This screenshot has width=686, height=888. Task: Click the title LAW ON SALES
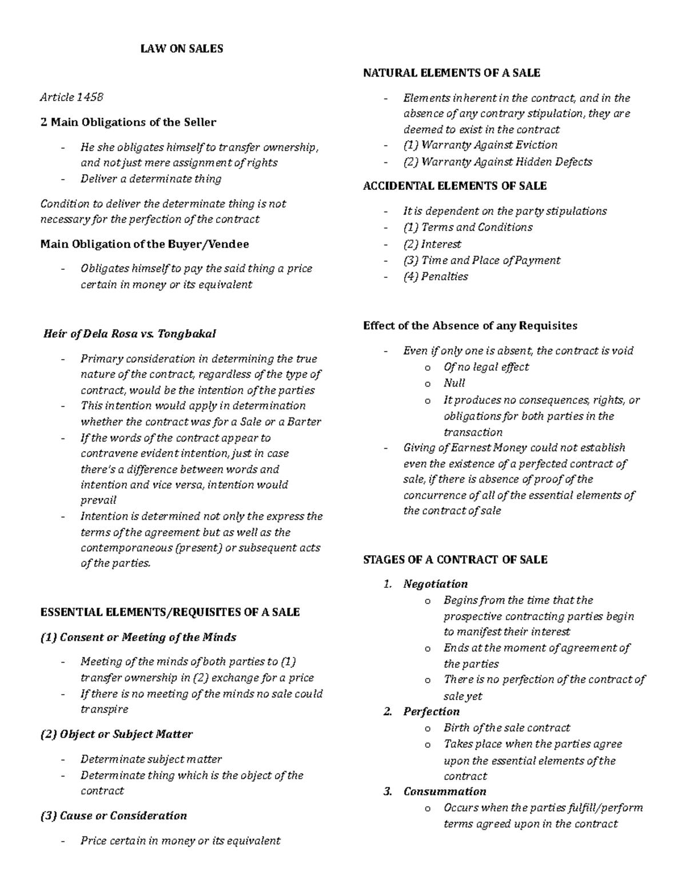click(182, 49)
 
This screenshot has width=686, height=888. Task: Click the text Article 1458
click(71, 97)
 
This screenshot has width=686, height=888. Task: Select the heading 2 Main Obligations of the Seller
click(129, 122)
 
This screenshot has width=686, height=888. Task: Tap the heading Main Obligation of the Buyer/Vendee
click(145, 244)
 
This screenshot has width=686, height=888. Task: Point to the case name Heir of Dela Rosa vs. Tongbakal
click(130, 334)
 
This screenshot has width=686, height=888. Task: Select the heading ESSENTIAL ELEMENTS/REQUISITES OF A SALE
click(170, 612)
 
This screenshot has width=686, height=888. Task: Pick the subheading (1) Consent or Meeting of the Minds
click(138, 637)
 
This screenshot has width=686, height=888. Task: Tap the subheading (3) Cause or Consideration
click(114, 816)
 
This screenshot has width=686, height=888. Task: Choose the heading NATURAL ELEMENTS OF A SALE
click(452, 73)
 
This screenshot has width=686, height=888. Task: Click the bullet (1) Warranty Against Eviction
click(480, 145)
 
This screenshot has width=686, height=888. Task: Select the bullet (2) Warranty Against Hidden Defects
click(497, 162)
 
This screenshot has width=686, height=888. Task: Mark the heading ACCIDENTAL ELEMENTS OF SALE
click(454, 186)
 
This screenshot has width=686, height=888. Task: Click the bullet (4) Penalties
click(436, 277)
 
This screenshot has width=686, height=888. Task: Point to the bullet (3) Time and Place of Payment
click(481, 261)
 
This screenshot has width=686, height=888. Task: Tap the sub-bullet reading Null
click(454, 383)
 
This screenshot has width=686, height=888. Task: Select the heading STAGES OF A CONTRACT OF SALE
click(455, 560)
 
